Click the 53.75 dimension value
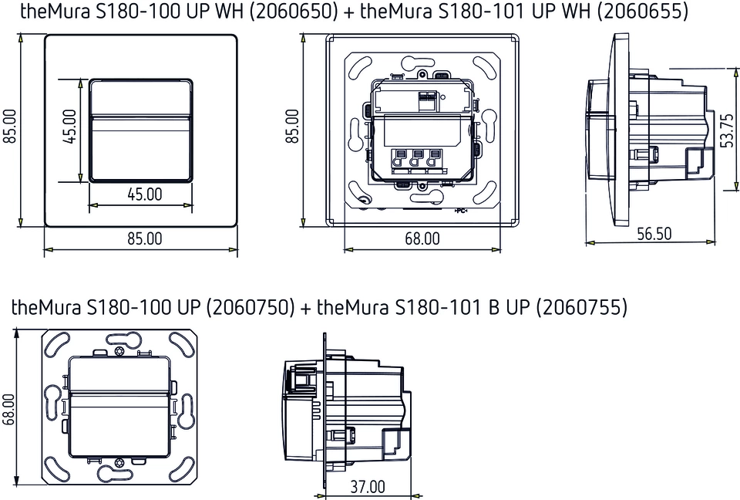(x=727, y=130)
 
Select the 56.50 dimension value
(x=654, y=234)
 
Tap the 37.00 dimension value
(x=368, y=487)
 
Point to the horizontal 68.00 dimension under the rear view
(x=422, y=239)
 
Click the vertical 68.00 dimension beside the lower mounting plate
(x=9, y=410)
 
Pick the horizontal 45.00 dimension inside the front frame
(x=144, y=194)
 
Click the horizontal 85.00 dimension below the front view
(x=144, y=239)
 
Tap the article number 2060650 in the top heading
(x=288, y=12)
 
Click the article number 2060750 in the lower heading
(x=250, y=307)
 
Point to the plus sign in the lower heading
(x=306, y=308)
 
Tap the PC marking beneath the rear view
(x=461, y=211)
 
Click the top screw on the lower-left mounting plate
(x=118, y=352)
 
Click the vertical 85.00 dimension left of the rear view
(x=293, y=128)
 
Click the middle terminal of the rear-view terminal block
(x=417, y=159)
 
